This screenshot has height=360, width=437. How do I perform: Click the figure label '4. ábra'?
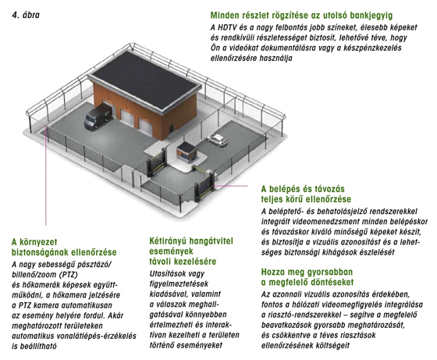26,15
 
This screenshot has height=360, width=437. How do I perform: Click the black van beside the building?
98,117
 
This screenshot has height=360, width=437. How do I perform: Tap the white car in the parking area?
217,140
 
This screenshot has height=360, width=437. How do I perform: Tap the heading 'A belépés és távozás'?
303,189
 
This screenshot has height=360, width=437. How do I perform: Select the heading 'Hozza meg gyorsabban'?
307,272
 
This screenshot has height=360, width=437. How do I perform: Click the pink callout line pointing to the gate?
229,186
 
